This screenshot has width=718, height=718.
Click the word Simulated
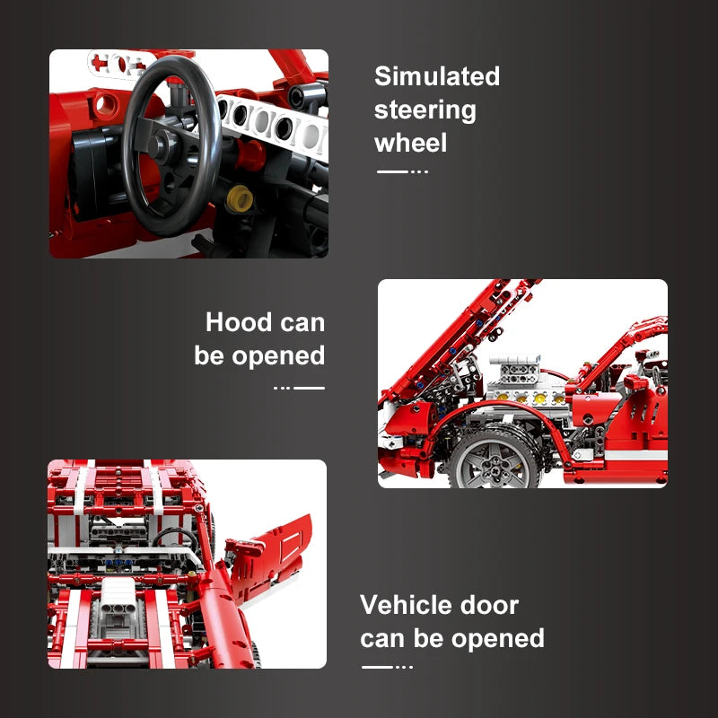437,76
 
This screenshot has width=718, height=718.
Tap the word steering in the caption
425,110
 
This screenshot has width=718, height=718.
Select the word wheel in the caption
410,143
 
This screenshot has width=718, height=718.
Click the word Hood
239,322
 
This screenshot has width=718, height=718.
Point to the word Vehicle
407,605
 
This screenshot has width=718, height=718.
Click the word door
489,605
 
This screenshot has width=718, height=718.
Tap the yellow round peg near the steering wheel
240,198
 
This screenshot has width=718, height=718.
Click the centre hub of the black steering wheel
158,144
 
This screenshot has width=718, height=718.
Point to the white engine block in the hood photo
527,385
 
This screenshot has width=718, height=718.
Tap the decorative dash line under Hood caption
299,388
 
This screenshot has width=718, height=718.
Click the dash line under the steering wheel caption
402,171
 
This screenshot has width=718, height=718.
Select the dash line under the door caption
388,667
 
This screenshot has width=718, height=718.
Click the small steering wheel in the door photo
175,538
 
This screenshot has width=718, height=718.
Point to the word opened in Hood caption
278,355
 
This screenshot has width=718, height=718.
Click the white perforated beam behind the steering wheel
272,124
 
